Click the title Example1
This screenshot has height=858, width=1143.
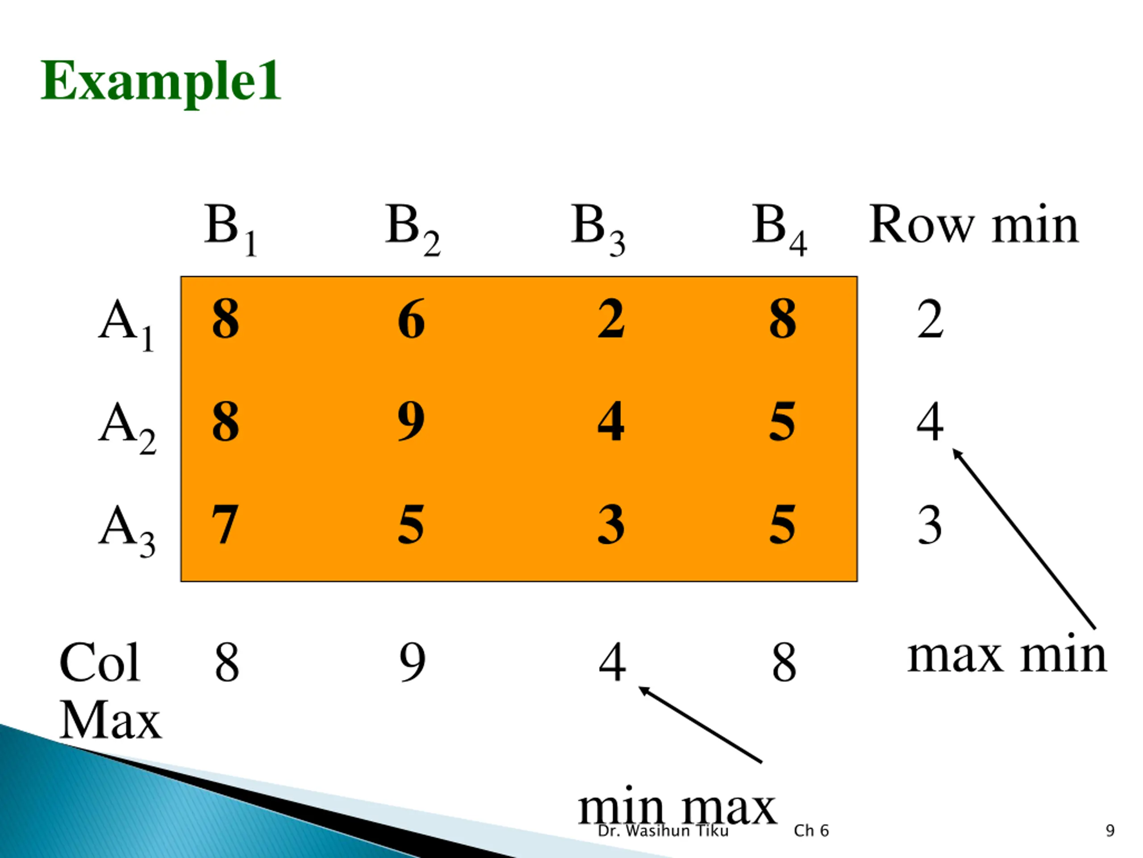[161, 81]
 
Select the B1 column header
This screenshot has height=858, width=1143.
[230, 227]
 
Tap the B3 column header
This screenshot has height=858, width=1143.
[598, 227]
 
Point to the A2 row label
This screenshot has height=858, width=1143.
[127, 427]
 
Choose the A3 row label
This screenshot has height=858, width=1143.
[127, 530]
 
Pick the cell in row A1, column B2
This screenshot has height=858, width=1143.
[411, 319]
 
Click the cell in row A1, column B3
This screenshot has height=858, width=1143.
[611, 319]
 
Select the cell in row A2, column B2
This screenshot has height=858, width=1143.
[411, 421]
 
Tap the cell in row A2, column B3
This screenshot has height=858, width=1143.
[611, 421]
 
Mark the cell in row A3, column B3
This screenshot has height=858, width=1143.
[611, 525]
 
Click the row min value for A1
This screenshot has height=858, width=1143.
[930, 319]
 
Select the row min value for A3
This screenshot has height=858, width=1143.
[930, 525]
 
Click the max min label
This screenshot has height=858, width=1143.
[1006, 655]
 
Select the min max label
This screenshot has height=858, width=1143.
[677, 808]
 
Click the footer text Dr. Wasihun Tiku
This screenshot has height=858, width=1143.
[663, 831]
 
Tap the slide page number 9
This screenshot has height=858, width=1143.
[1110, 831]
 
